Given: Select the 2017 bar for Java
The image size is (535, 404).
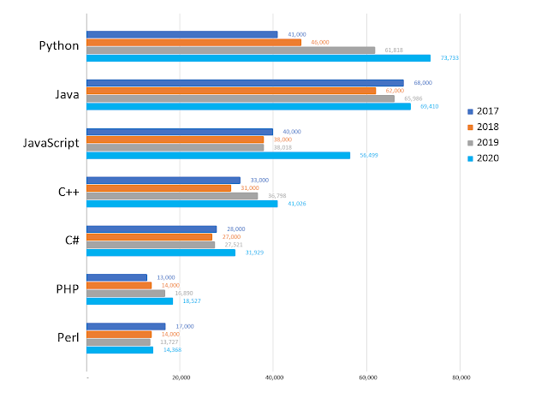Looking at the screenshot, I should [245, 83].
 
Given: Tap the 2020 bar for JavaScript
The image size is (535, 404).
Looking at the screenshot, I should [218, 155].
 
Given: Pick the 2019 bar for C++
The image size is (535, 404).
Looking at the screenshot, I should [172, 196].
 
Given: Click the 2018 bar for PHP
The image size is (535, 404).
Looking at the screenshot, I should [119, 285].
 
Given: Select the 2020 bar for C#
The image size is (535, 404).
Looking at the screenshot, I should [161, 253].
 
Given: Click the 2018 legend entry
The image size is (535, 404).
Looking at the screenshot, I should [487, 127].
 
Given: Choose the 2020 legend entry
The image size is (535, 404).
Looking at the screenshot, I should [487, 157].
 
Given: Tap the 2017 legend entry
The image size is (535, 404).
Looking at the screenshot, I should [487, 111].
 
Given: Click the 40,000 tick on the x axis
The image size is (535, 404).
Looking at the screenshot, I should [274, 377].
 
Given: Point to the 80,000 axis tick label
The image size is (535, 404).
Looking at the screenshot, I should [461, 377].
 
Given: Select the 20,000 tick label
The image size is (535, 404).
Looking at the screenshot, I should [181, 377].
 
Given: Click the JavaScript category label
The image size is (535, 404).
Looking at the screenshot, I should [50, 142].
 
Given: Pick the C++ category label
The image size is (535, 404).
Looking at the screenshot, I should [68, 191].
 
